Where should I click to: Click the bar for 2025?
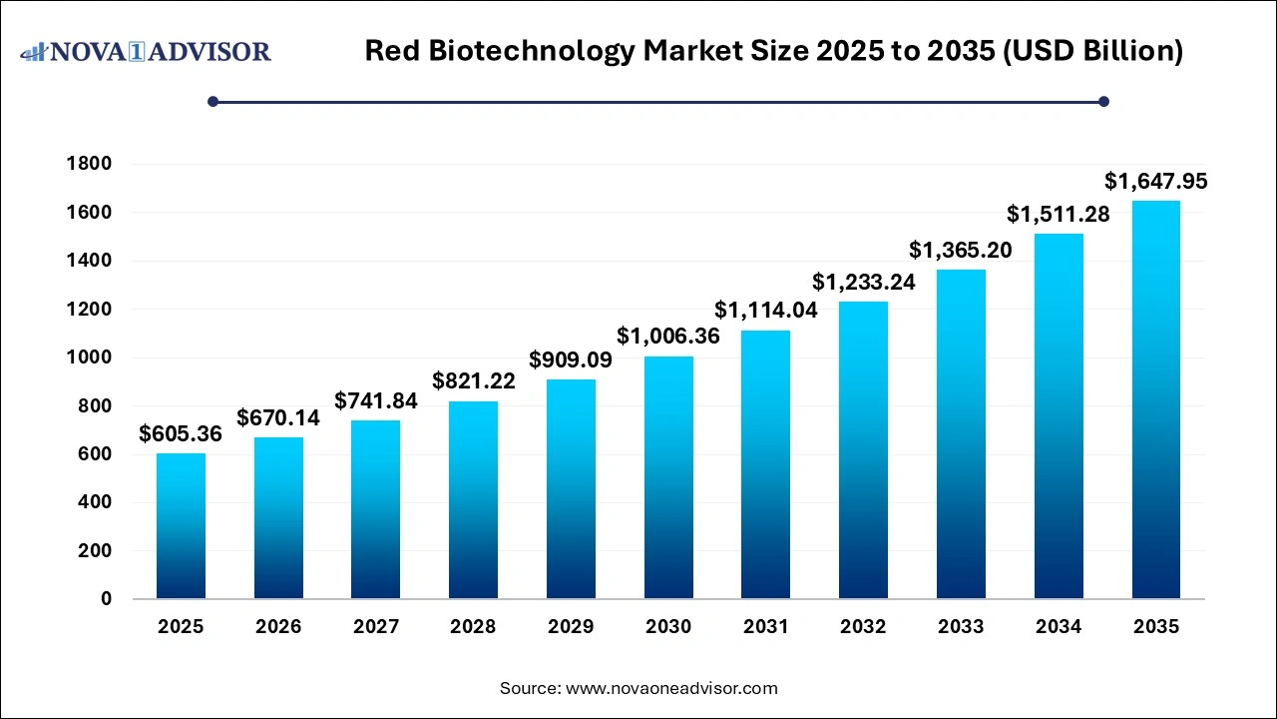(x=181, y=526)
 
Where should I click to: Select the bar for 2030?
(x=668, y=477)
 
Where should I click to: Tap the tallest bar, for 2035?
(x=1156, y=399)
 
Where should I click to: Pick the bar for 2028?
(x=473, y=499)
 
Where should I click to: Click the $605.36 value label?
(x=181, y=433)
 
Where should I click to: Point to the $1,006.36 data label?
(x=668, y=337)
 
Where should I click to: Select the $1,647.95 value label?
(x=1156, y=181)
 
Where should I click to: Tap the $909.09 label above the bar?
(x=571, y=359)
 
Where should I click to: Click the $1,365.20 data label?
(x=961, y=250)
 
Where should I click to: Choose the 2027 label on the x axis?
(x=376, y=627)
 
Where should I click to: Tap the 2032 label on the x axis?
(x=864, y=627)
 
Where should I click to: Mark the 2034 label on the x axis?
(x=1059, y=627)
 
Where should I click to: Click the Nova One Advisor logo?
(x=146, y=51)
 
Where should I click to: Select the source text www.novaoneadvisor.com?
(x=671, y=688)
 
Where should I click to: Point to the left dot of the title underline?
(x=213, y=101)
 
